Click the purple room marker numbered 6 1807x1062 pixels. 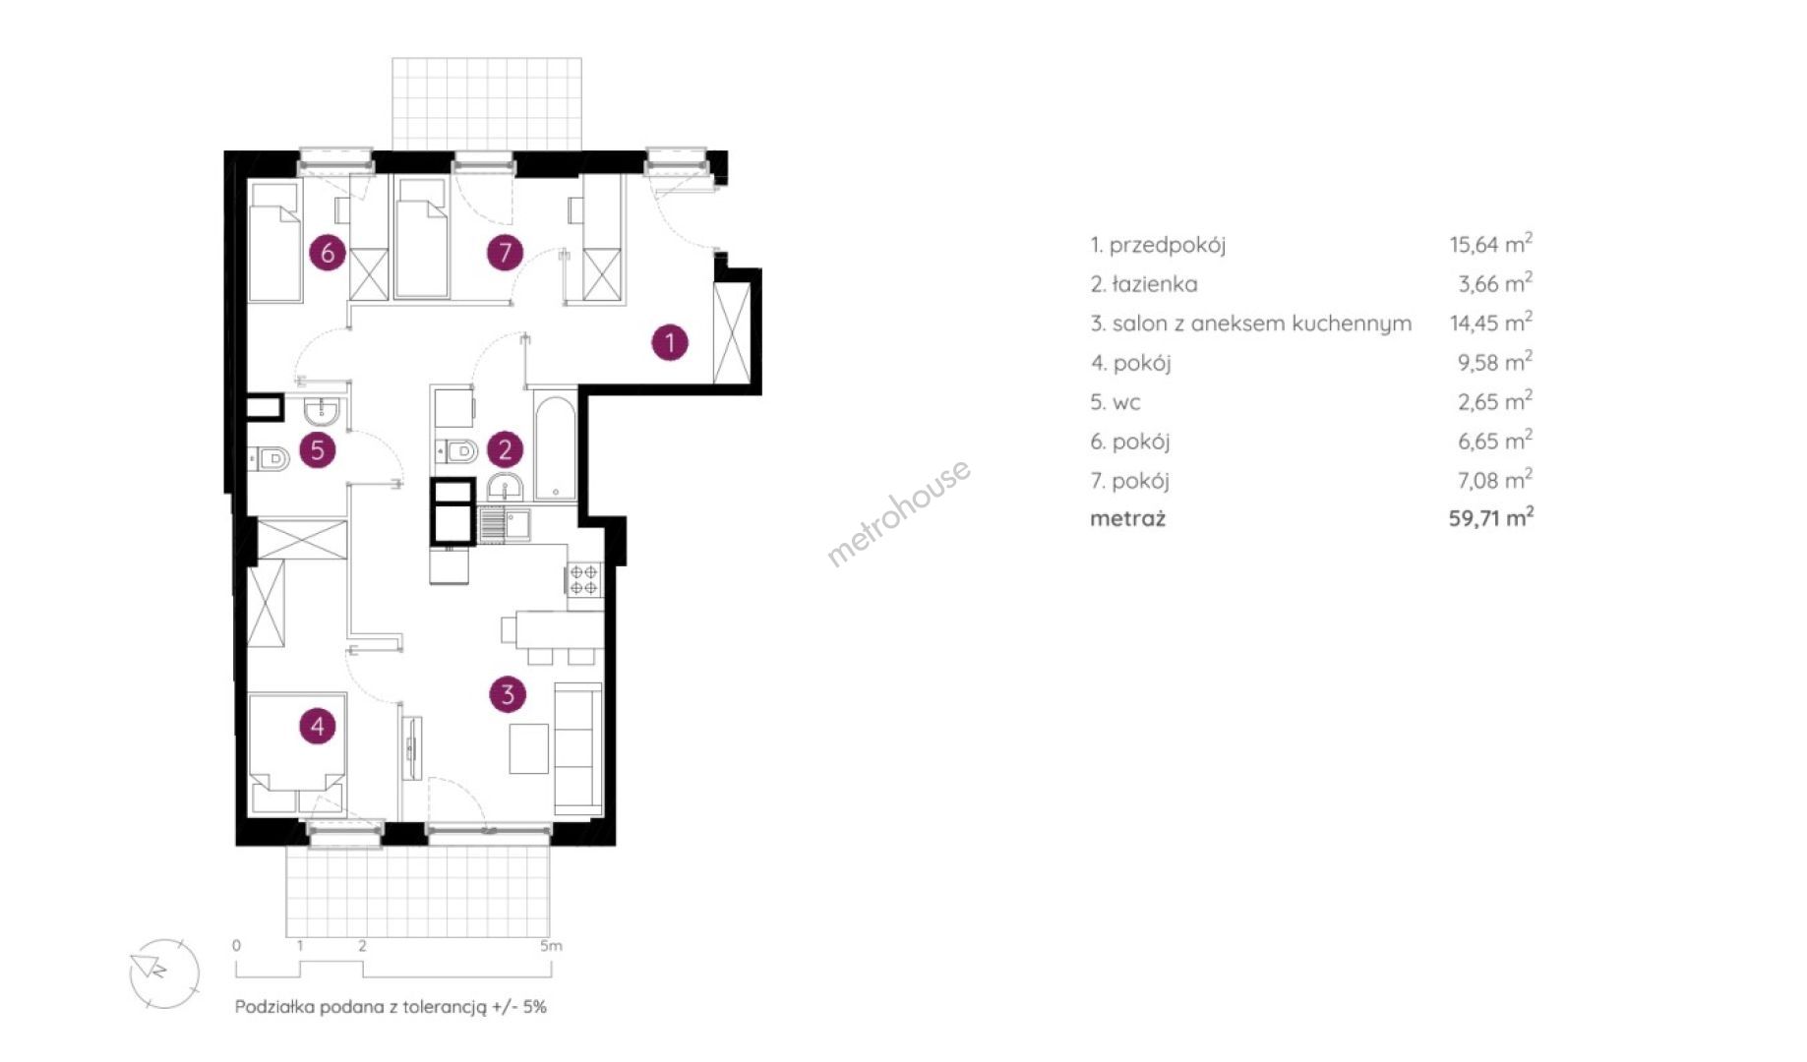click(328, 253)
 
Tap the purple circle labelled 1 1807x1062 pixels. click(670, 342)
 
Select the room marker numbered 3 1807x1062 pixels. click(508, 694)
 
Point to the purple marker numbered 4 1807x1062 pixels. click(317, 727)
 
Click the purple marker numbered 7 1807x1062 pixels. click(505, 253)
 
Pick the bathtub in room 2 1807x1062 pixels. click(556, 448)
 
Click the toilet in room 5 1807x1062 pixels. click(269, 457)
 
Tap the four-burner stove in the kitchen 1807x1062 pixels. click(583, 579)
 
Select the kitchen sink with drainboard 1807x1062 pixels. click(505, 524)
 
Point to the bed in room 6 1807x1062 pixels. click(274, 242)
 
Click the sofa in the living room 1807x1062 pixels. click(578, 749)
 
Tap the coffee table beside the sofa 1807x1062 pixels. click(529, 748)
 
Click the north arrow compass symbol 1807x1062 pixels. click(164, 973)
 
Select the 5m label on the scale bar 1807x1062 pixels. click(551, 946)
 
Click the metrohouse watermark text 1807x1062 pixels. click(898, 512)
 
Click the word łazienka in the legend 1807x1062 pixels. click(1155, 284)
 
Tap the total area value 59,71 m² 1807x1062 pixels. click(1491, 517)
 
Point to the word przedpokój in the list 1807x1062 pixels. click(1168, 246)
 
